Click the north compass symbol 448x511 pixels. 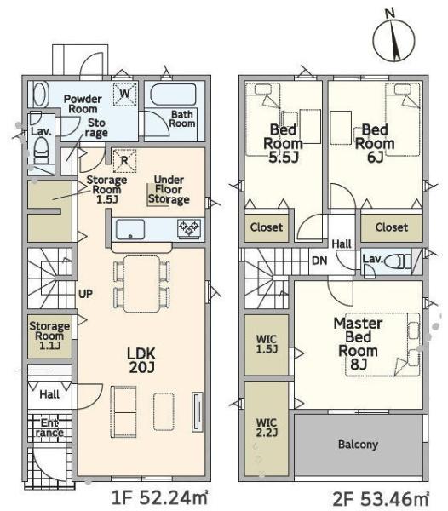click(393, 37)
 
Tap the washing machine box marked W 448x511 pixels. click(125, 95)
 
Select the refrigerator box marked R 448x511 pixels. click(124, 161)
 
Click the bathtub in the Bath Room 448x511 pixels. click(173, 95)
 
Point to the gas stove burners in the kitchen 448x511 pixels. click(189, 228)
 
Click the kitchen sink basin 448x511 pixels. click(130, 229)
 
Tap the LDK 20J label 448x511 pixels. click(141, 360)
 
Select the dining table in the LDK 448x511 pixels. click(141, 284)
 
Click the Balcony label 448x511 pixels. click(358, 445)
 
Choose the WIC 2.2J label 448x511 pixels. click(267, 428)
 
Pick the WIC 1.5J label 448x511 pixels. click(267, 344)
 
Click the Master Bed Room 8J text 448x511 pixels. click(358, 344)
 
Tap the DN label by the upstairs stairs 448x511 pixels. click(319, 261)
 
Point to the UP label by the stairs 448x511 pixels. click(85, 294)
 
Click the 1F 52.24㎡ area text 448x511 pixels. click(159, 498)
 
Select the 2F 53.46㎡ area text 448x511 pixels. click(381, 499)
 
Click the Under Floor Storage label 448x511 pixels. click(169, 190)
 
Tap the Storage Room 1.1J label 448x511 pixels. click(49, 336)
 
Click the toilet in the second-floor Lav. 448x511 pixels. click(398, 261)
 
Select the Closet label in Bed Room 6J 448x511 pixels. click(391, 227)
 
